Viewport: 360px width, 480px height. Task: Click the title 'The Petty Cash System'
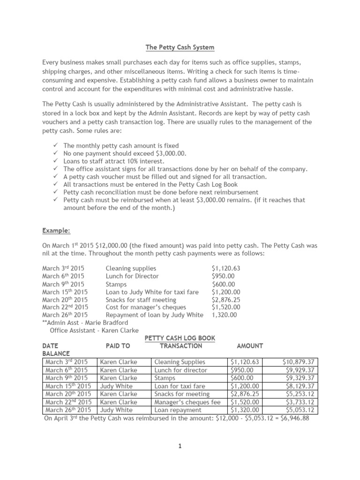pos(180,47)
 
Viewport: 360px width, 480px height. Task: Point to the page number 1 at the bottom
pos(180,446)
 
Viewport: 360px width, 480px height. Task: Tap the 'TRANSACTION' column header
pos(181,346)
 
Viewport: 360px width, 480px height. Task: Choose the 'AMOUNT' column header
pos(250,346)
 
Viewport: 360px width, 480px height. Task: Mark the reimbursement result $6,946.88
pos(292,418)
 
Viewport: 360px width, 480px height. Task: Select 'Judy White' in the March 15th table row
pos(116,386)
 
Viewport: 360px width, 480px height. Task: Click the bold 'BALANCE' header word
pos(56,353)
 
